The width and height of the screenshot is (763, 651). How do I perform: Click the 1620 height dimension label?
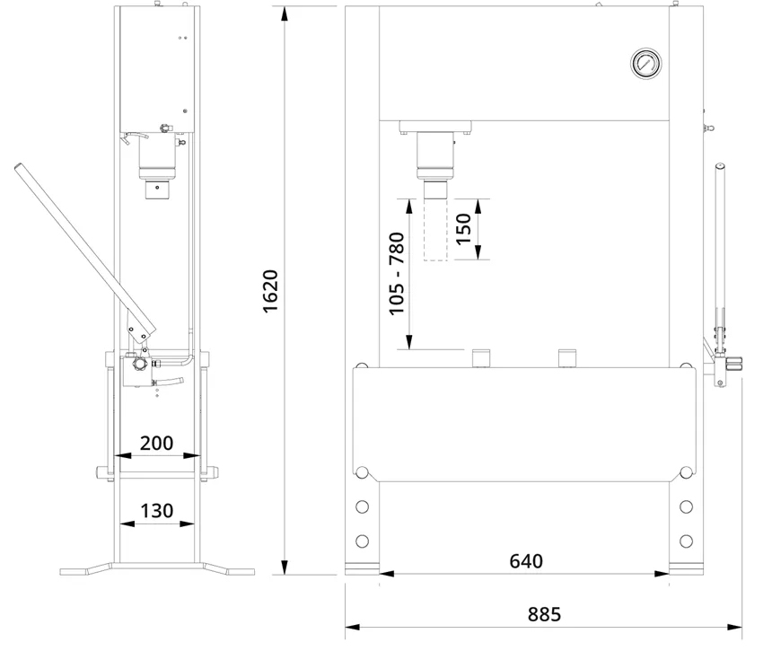(x=270, y=291)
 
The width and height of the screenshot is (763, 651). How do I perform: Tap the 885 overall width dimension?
(x=544, y=614)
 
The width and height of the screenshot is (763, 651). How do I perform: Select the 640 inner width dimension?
(x=526, y=561)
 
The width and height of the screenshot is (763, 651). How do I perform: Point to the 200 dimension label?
(x=156, y=443)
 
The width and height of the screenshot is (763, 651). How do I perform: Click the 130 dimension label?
(x=156, y=511)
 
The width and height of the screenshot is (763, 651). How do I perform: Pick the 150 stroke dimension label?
(x=464, y=229)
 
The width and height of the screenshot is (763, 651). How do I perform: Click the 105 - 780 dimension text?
(x=397, y=274)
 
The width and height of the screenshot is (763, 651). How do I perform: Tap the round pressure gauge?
(x=646, y=63)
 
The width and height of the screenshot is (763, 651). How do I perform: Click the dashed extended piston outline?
(x=435, y=230)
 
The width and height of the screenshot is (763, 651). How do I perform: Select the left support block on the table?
(x=481, y=358)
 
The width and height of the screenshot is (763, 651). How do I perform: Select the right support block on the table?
(x=567, y=358)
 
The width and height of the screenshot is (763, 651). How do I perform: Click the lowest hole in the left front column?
(x=362, y=541)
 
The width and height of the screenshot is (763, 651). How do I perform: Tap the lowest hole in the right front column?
(x=686, y=541)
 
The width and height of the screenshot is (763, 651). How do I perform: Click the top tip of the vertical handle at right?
(x=720, y=165)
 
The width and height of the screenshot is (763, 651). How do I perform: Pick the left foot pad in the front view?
(x=362, y=569)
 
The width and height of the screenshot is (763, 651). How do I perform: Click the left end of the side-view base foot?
(x=61, y=572)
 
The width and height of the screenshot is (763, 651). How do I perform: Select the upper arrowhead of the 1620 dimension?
(x=285, y=14)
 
